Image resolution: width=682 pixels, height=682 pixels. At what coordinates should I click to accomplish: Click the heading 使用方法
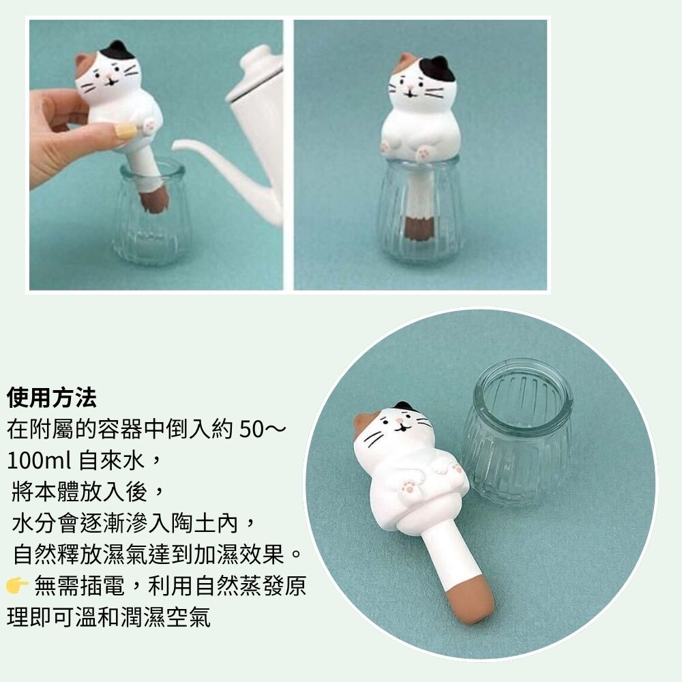(51, 398)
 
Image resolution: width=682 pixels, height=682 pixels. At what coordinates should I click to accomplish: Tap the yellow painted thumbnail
(125, 130)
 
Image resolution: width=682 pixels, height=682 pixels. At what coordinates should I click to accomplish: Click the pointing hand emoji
(18, 585)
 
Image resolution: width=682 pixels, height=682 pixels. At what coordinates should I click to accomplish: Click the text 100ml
(39, 460)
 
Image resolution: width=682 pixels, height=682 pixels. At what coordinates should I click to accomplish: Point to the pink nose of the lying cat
(399, 421)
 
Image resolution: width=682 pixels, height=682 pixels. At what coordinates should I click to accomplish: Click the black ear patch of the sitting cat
(436, 68)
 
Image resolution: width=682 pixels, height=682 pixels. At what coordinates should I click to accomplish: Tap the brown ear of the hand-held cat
(83, 64)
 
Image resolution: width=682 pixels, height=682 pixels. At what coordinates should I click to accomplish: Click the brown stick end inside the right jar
(419, 227)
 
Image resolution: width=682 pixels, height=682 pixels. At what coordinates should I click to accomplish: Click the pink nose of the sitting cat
(410, 89)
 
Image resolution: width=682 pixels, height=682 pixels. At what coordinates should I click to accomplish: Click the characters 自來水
(112, 460)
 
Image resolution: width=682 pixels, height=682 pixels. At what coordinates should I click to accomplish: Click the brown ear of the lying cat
(364, 424)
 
